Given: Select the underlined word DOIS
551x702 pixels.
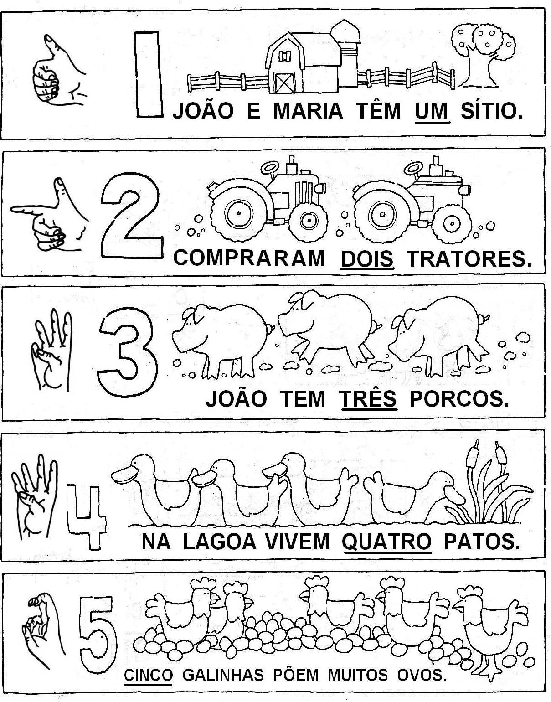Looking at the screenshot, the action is pyautogui.click(x=367, y=259).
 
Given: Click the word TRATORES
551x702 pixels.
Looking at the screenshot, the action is pyautogui.click(x=469, y=258).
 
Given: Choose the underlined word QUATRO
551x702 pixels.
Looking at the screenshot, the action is pyautogui.click(x=386, y=542).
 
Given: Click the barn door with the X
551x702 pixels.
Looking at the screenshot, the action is pyautogui.click(x=284, y=82).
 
